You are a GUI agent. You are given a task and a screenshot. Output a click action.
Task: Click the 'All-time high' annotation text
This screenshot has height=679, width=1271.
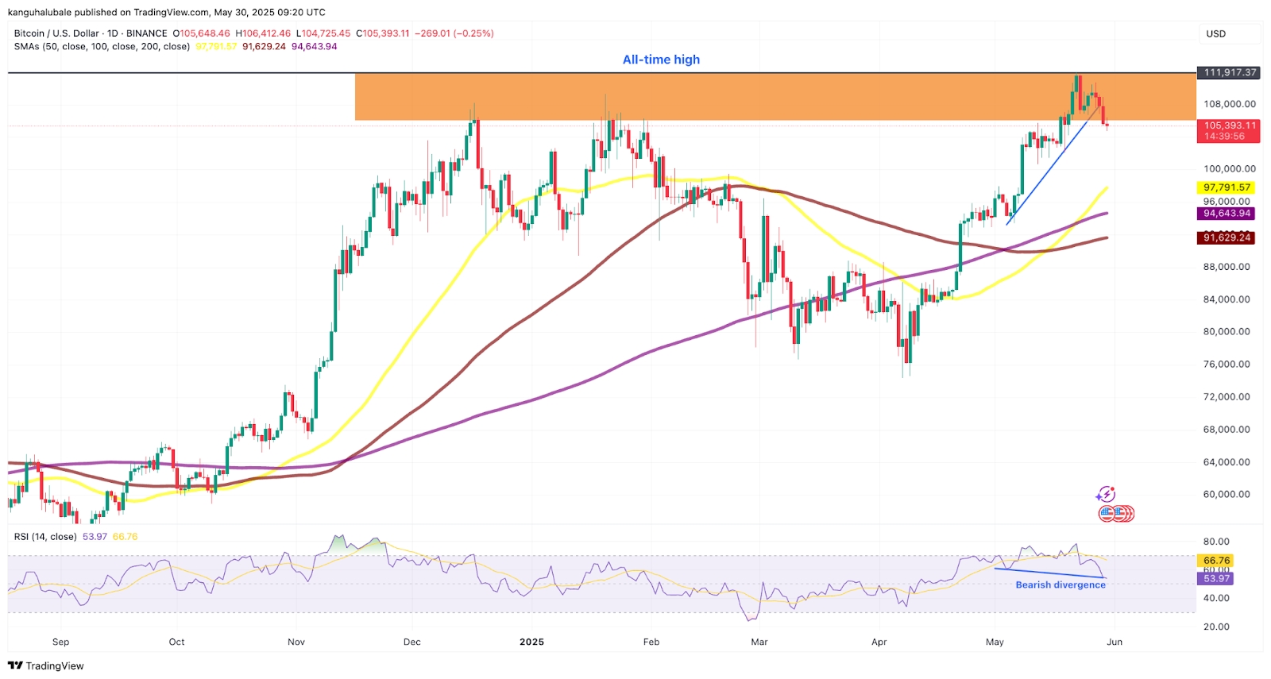point(661,60)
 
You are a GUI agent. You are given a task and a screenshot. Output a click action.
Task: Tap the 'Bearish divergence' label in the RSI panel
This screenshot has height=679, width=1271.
point(1060,584)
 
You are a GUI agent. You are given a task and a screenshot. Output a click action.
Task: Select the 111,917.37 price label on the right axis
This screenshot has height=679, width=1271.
point(1230,72)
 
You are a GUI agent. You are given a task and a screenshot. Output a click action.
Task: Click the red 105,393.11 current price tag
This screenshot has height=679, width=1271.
point(1230,125)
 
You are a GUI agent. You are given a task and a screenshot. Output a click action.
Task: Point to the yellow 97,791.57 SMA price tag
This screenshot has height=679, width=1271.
point(1227,187)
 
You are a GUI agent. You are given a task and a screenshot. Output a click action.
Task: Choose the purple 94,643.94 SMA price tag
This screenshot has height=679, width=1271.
point(1227,213)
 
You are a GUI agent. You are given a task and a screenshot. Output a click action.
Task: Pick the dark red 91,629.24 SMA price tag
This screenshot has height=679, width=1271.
point(1227,237)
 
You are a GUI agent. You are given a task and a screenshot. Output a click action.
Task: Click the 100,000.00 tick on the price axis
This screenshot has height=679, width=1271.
point(1229,168)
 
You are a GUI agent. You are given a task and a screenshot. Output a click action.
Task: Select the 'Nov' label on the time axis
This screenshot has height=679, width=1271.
point(296,642)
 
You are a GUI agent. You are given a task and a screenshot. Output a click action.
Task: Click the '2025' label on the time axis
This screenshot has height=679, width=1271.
point(531,642)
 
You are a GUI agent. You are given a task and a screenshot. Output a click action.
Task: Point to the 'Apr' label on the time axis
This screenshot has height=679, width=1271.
point(879,642)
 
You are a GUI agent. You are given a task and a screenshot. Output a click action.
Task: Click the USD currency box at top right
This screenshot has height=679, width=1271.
point(1216,33)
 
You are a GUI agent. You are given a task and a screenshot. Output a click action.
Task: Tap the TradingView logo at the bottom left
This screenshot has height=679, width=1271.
point(46,665)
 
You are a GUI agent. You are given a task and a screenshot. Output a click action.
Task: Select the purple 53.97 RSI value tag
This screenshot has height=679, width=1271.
point(1216,578)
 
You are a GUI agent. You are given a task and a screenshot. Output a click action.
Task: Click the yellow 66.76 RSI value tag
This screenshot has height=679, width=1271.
point(1216,561)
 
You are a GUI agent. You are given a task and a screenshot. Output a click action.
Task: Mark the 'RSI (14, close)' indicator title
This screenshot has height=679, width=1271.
point(45,537)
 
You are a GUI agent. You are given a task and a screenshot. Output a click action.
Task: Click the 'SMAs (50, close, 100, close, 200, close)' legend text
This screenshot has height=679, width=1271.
point(102,46)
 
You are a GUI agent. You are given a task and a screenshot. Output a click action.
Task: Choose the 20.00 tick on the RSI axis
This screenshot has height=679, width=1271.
point(1216,627)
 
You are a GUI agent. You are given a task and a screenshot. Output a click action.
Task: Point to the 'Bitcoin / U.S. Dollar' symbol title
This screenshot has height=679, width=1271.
point(56,33)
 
